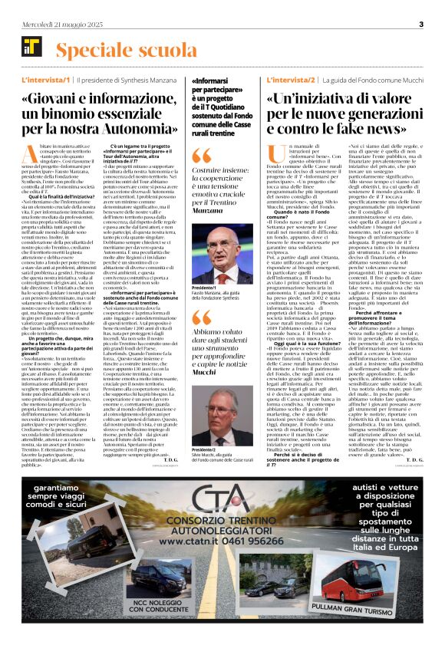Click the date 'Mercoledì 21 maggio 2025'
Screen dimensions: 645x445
(63, 24)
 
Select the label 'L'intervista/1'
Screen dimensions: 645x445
(45, 80)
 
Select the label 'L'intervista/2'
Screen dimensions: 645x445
(289, 80)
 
